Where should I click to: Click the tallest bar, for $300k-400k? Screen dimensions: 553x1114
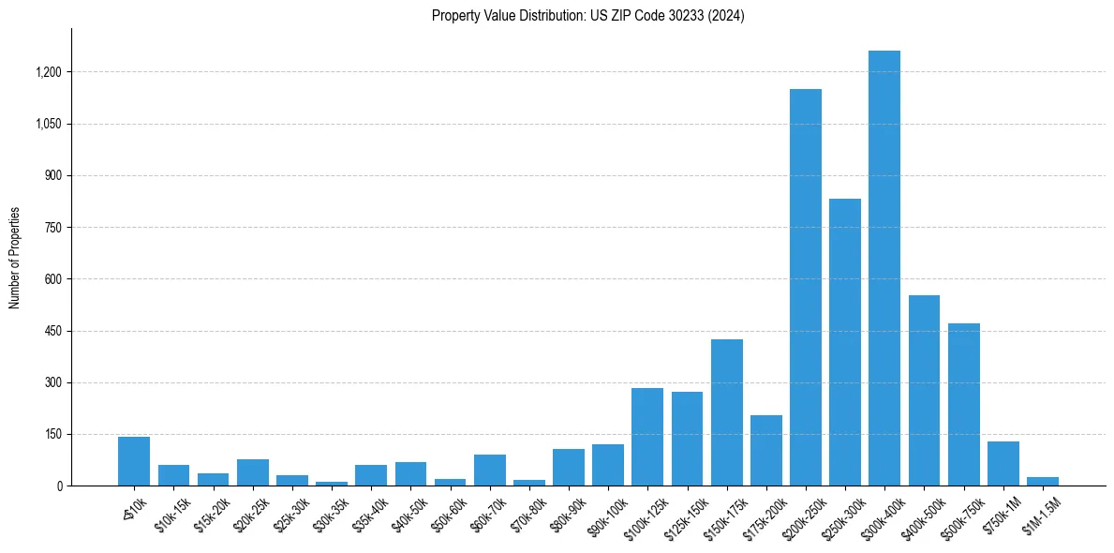point(884,268)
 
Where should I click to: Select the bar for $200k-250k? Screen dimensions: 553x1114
point(805,287)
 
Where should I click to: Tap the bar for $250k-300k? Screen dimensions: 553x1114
point(844,342)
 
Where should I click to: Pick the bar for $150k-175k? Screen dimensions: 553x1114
point(726,412)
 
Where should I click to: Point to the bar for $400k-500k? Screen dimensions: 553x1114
point(924,390)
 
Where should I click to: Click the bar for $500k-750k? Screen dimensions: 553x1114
point(963,404)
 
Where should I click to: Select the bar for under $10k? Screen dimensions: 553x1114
point(134,461)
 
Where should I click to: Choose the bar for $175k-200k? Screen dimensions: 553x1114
point(765,450)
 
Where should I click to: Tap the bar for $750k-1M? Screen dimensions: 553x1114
point(1003,463)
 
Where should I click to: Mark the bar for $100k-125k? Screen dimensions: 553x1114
point(647,437)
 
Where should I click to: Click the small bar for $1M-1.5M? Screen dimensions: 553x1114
point(1042,481)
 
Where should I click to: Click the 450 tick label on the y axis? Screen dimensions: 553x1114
point(54,331)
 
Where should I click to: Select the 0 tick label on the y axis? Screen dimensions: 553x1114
point(60,486)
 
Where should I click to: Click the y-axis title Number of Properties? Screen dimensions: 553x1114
point(14,258)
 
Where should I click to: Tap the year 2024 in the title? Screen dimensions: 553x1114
point(727,15)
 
